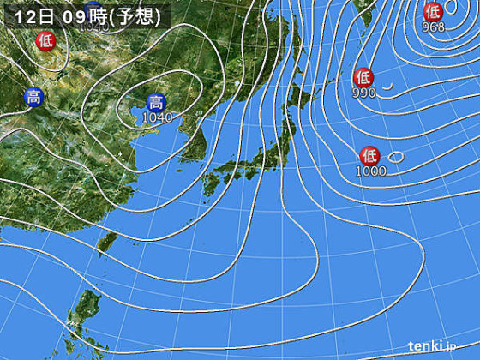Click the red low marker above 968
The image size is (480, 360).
pyautogui.click(x=433, y=11)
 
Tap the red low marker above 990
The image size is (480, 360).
pyautogui.click(x=363, y=75)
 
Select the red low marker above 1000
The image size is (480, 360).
pyautogui.click(x=369, y=155)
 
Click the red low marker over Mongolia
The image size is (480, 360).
pyautogui.click(x=44, y=39)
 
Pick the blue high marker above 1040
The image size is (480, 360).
pyautogui.click(x=156, y=102)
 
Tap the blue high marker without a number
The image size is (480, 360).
pyautogui.click(x=33, y=97)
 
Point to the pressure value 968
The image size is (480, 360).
pyautogui.click(x=434, y=27)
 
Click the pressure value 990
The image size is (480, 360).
pyautogui.click(x=363, y=92)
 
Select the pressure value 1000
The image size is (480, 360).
pyautogui.click(x=371, y=171)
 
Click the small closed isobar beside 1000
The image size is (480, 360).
pyautogui.click(x=395, y=157)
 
